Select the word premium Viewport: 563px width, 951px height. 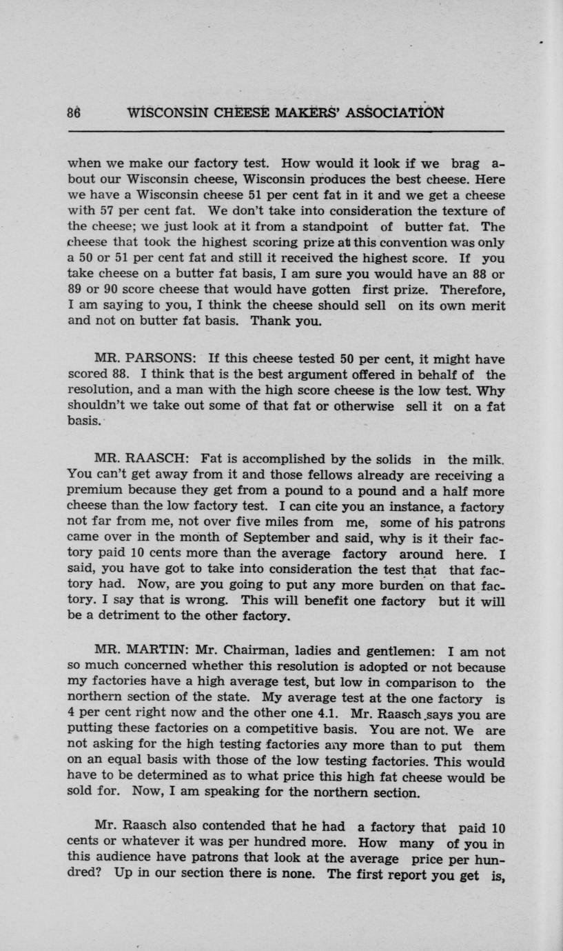pos(92,492)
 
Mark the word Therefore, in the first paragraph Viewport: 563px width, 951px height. pos(473,289)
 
